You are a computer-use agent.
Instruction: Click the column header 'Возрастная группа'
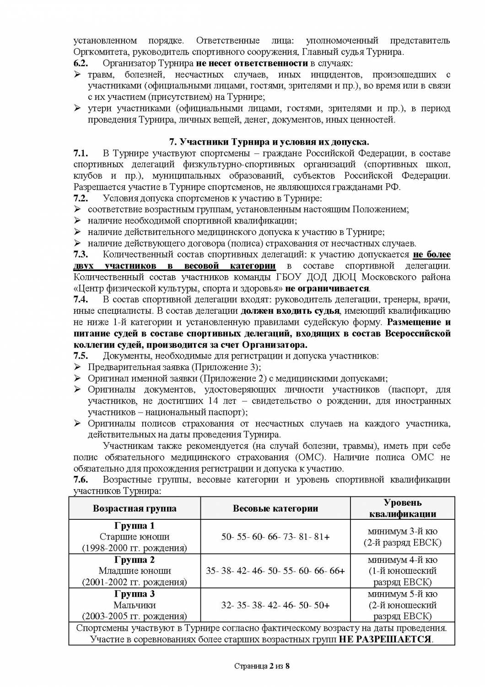[x=135, y=508]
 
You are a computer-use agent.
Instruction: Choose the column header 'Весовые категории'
[x=275, y=508]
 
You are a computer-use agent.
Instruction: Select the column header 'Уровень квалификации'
[x=402, y=508]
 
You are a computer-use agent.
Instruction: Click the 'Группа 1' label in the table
[x=135, y=526]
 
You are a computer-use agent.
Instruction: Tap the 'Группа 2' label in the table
[x=135, y=560]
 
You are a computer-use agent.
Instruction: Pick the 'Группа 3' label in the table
[x=135, y=594]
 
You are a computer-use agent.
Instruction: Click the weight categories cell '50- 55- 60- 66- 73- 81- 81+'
[x=275, y=537]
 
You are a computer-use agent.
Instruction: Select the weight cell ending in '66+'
[x=275, y=571]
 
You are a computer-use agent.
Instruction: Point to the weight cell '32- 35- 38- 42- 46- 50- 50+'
[x=275, y=605]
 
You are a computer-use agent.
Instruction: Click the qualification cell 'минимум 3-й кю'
[x=402, y=532]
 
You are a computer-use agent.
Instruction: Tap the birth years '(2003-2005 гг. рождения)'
[x=135, y=616]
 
